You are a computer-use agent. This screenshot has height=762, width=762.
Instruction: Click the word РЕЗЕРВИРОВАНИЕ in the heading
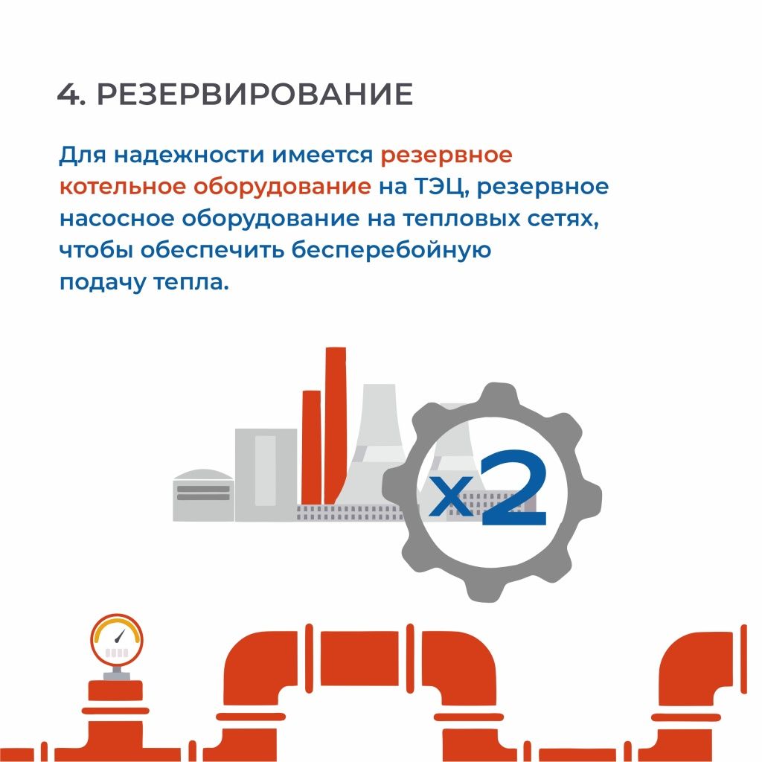pyautogui.click(x=255, y=94)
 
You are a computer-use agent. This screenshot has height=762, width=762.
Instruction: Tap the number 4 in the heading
pyautogui.click(x=68, y=94)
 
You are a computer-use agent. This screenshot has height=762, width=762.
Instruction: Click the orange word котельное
pyautogui.click(x=123, y=187)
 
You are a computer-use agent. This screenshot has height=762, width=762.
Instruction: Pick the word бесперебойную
pyautogui.click(x=391, y=250)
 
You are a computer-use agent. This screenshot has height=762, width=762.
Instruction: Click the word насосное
pyautogui.click(x=117, y=220)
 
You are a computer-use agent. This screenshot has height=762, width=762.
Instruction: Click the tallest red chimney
pyautogui.click(x=336, y=425)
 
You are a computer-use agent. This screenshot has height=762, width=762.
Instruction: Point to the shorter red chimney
pyautogui.click(x=312, y=447)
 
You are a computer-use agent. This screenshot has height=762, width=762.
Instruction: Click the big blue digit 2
pyautogui.click(x=514, y=487)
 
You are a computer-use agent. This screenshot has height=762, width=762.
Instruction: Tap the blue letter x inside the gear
pyautogui.click(x=452, y=495)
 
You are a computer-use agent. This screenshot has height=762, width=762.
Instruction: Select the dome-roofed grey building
pyautogui.click(x=203, y=495)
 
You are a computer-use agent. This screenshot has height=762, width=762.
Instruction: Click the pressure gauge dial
pyautogui.click(x=117, y=640)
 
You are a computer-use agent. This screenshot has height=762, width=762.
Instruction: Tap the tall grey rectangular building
pyautogui.click(x=266, y=475)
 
